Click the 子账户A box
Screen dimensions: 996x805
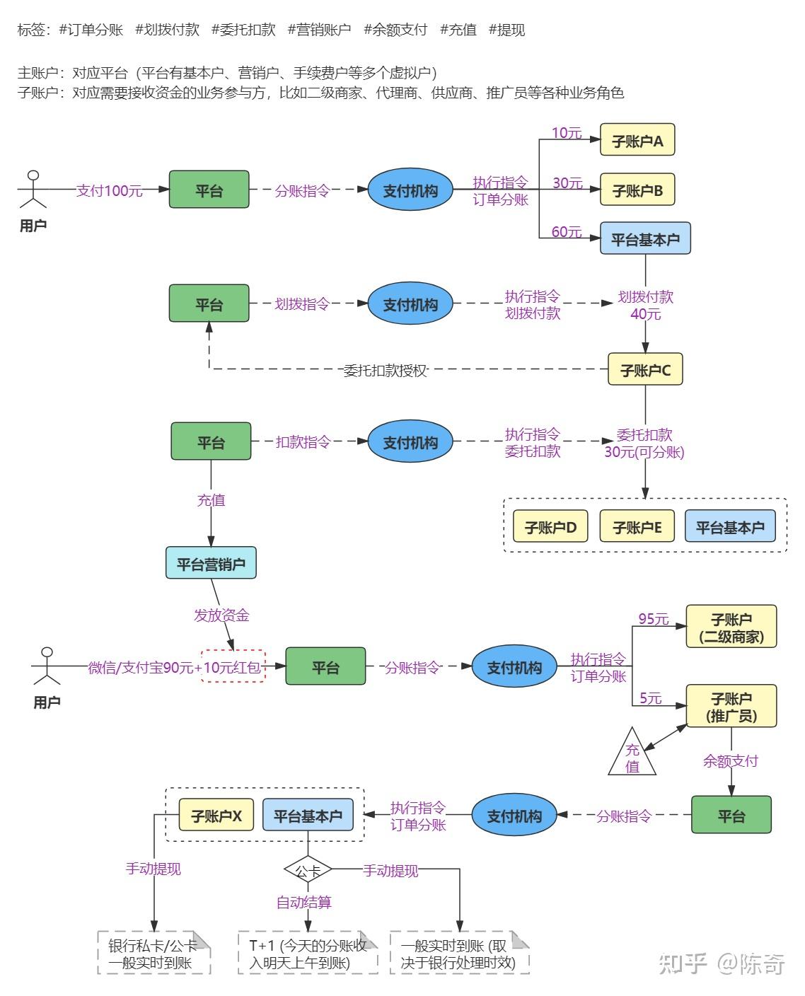(637, 140)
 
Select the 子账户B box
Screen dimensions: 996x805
(637, 190)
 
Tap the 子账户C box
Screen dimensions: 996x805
(645, 369)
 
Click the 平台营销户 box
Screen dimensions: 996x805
(211, 563)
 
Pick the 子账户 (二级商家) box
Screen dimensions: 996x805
(731, 627)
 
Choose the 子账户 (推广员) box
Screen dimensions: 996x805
(731, 706)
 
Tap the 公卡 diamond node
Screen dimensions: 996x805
(308, 870)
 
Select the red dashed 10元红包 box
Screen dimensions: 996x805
(233, 666)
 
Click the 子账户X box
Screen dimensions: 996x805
(216, 816)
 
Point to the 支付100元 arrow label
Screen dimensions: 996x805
(110, 190)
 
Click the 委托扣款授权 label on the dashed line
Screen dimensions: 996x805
(385, 369)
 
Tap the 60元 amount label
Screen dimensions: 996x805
(567, 231)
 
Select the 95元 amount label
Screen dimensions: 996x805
(653, 618)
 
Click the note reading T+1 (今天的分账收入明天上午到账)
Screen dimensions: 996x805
(308, 953)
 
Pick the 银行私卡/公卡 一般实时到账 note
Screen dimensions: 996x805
(154, 953)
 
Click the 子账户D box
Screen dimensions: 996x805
(550, 527)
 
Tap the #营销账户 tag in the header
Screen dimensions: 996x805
(319, 30)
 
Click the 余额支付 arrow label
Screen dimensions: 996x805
(730, 760)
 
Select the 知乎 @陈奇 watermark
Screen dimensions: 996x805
(722, 963)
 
